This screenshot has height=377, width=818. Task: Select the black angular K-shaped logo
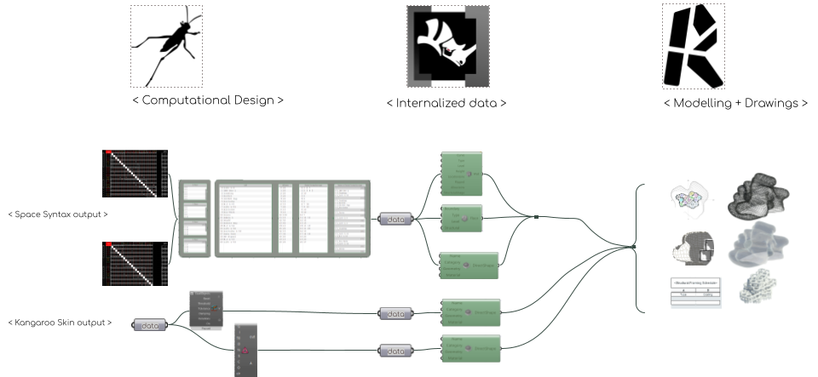693,46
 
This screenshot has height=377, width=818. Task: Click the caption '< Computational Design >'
207,100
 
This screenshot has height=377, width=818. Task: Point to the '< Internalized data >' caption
446,103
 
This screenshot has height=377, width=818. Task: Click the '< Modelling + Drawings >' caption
734,103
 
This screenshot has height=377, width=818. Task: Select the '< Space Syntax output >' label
58,214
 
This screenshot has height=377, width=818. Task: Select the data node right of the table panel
395,219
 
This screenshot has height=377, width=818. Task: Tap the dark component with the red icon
245,350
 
